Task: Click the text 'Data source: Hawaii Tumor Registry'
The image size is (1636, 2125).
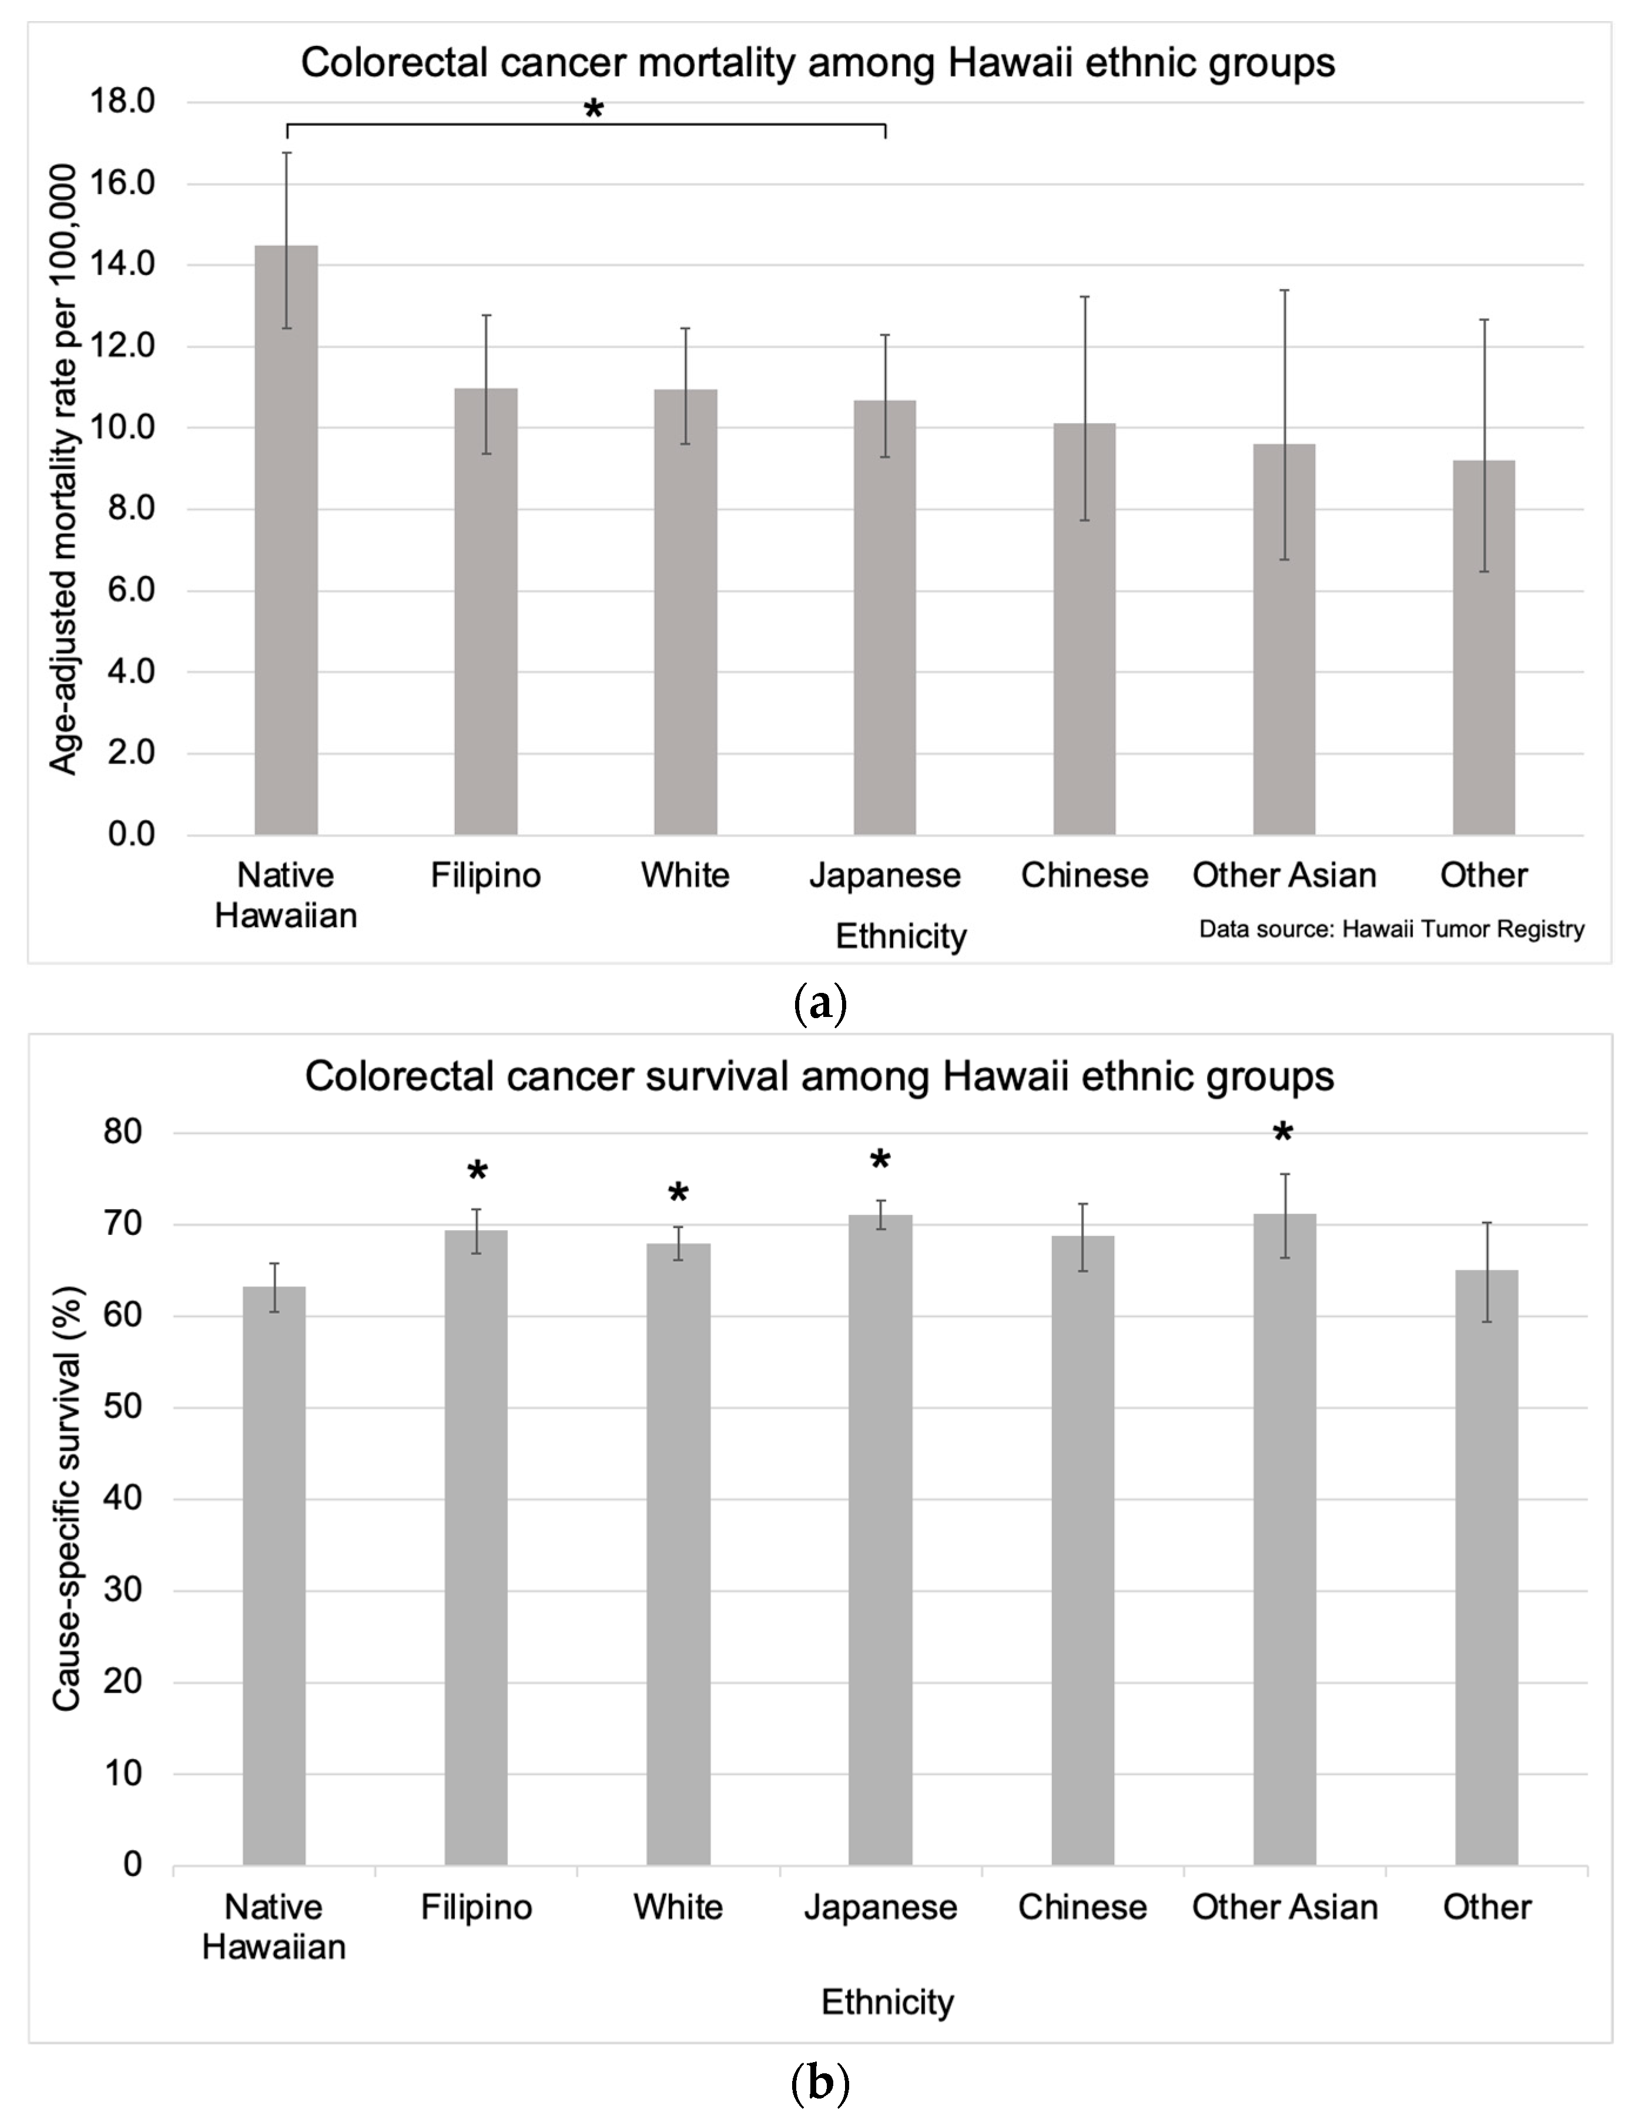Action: [x=1391, y=929]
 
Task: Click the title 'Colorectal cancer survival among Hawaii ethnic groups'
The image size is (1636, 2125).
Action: [x=819, y=1076]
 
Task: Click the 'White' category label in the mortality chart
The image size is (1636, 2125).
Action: [x=685, y=875]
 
